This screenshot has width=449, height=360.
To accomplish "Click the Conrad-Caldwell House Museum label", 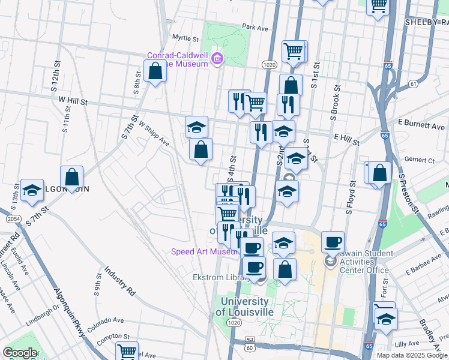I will click(x=178, y=59).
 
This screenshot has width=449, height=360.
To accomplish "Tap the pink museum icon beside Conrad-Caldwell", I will click(x=217, y=59).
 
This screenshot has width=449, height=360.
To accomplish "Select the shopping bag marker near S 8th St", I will click(x=155, y=71).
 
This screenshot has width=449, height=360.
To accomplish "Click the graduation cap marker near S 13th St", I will click(x=32, y=190).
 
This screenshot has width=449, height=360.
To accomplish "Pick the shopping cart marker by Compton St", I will click(x=127, y=352).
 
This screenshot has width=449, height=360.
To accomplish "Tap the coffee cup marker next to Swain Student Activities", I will click(x=333, y=242).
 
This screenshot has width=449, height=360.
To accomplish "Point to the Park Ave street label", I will click(x=255, y=28).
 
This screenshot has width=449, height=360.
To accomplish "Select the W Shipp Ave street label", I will click(x=154, y=134).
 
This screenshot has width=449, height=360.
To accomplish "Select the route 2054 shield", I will click(x=13, y=220).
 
